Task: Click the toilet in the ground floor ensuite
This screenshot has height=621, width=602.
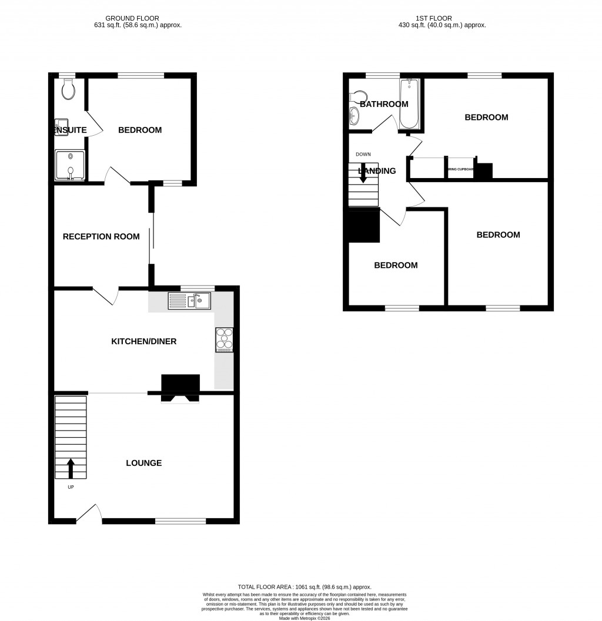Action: click(68, 89)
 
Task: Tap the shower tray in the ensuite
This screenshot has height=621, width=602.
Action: click(70, 164)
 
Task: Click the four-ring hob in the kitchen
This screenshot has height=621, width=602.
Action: click(225, 340)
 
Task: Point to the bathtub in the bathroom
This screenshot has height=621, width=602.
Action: click(409, 105)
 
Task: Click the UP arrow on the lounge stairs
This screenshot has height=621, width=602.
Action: click(71, 468)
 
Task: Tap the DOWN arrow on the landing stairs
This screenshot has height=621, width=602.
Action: click(363, 173)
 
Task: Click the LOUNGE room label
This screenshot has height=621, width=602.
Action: click(143, 463)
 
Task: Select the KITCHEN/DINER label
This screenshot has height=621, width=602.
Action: click(144, 341)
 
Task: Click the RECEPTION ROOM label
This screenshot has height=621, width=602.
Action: click(101, 237)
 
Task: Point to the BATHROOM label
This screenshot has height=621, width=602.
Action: click(384, 105)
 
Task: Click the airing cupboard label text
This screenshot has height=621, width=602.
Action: click(460, 169)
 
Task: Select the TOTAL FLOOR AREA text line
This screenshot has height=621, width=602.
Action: click(305, 587)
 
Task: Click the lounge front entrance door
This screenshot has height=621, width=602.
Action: click(89, 512)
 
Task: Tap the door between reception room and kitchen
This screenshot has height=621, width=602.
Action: click(105, 296)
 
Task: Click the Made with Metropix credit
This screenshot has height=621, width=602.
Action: click(305, 617)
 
